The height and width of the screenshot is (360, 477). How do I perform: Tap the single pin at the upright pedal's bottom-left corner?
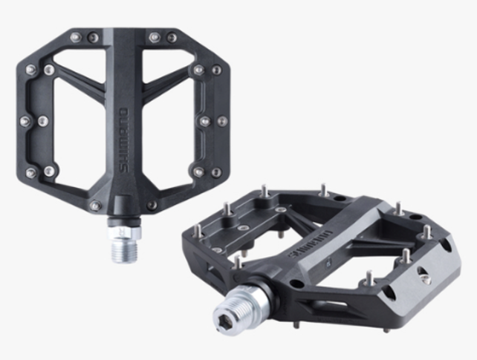click(x=94, y=206)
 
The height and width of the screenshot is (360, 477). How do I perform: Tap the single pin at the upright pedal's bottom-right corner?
click(x=152, y=206)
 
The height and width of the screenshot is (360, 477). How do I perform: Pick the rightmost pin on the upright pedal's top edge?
click(x=172, y=37)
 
